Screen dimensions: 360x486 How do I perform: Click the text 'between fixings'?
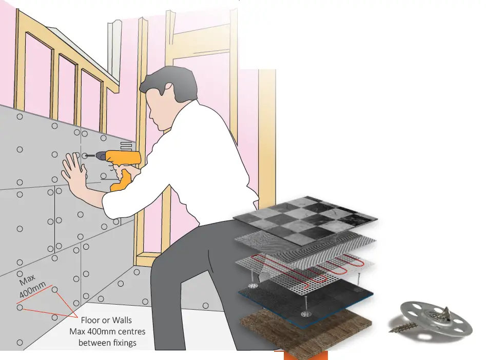point(107,342)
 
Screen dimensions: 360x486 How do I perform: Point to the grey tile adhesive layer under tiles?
point(308,241)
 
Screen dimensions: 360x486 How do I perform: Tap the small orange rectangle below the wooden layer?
point(303,355)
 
